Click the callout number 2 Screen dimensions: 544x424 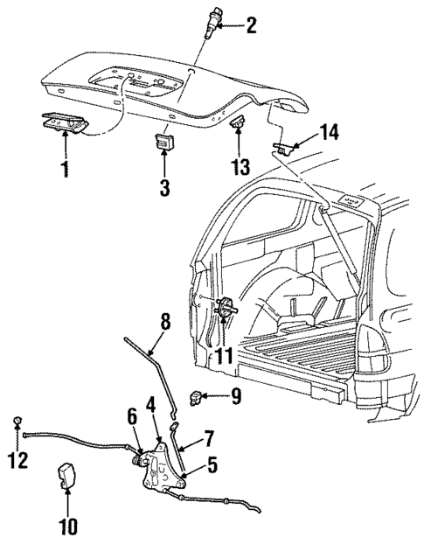[x=252, y=26]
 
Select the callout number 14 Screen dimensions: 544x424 [x=303, y=133]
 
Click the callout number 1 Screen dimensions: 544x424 [x=64, y=167]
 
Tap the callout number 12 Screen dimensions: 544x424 [x=18, y=459]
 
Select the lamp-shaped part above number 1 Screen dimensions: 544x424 [x=64, y=124]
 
